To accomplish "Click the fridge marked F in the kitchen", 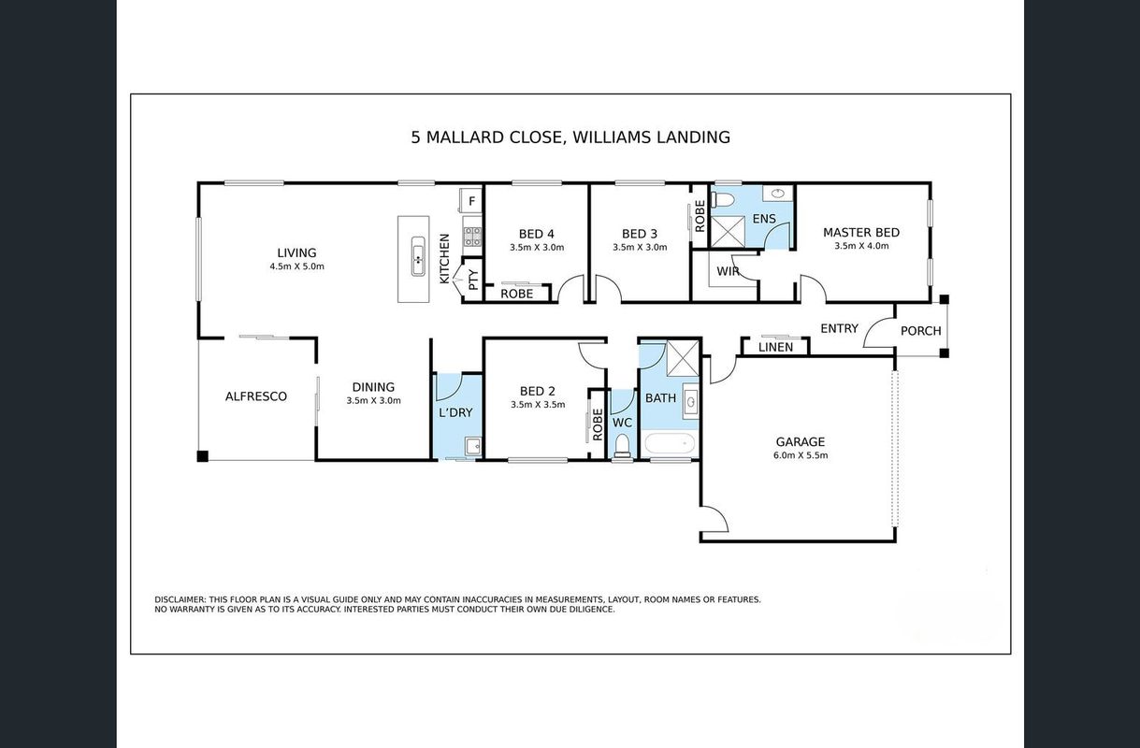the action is [x=470, y=200].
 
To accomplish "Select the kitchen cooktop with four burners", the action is [x=472, y=237].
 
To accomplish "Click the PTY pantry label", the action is [x=473, y=280].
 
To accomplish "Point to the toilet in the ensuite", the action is [x=723, y=200].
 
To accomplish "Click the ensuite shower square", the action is [x=728, y=232].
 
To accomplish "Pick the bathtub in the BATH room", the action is [x=670, y=444].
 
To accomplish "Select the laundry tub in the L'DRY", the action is [x=473, y=446].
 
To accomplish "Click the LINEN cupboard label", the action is [x=775, y=347].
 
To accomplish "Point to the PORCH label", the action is [x=920, y=331].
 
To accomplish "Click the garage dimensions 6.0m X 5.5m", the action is [x=801, y=455].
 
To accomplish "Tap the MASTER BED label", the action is [x=861, y=233].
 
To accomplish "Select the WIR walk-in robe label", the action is [x=728, y=271].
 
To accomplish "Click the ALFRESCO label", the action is [x=256, y=396].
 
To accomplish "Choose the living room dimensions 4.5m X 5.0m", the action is [x=296, y=266].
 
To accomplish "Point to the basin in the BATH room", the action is [x=690, y=402].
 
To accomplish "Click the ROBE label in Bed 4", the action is [x=516, y=294].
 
